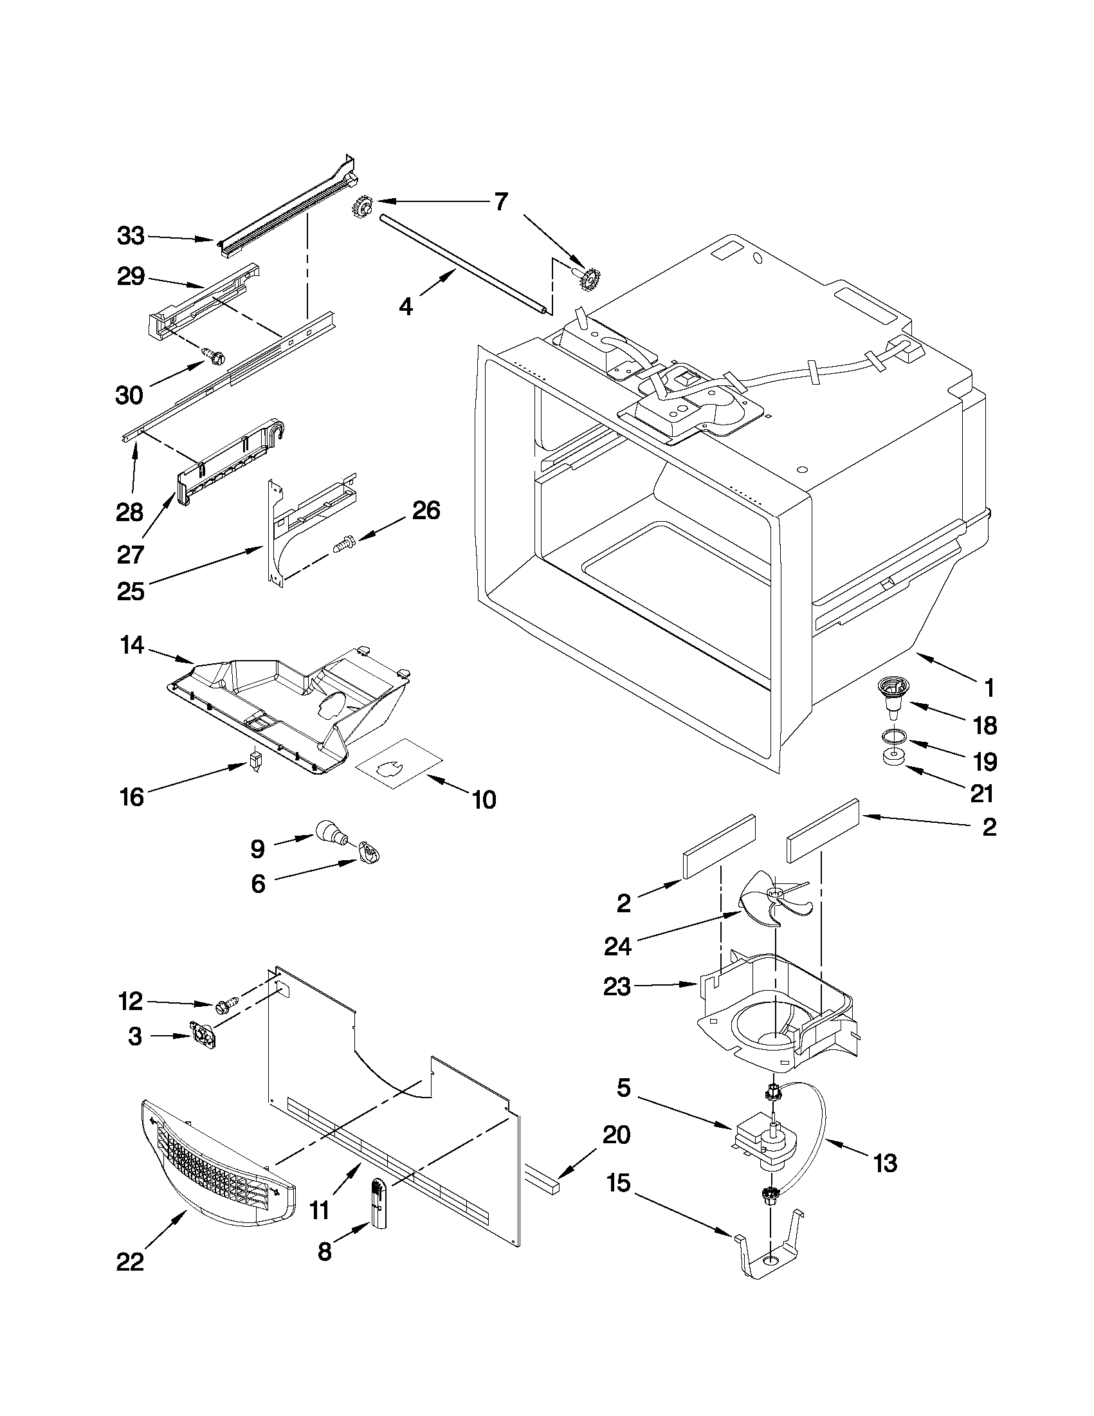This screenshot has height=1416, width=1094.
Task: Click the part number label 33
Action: point(131,236)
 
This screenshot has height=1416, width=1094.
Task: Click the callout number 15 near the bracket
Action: point(618,1183)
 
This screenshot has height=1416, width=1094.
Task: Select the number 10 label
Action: point(484,800)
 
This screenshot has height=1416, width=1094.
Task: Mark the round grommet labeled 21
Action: point(893,759)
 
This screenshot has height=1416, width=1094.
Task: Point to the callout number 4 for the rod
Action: point(406,306)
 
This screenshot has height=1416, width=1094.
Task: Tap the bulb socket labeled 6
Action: point(368,851)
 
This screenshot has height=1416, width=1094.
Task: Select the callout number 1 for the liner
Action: point(989,688)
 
